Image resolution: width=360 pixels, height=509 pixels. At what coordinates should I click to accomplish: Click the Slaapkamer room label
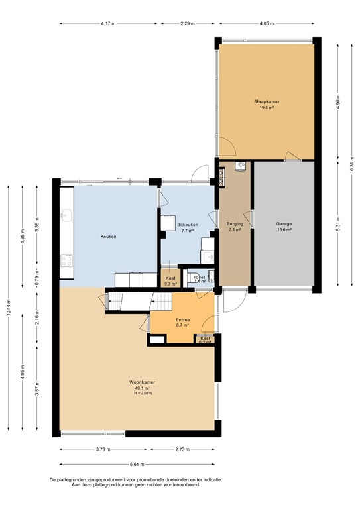(266, 101)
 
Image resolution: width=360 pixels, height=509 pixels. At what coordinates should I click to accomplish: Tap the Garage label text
(284, 224)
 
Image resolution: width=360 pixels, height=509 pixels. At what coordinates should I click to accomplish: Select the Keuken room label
(109, 237)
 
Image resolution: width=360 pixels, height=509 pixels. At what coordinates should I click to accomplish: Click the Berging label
(235, 224)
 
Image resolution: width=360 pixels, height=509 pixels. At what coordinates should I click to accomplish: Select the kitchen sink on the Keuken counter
(66, 215)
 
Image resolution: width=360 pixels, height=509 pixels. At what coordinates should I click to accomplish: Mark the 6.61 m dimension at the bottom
(138, 465)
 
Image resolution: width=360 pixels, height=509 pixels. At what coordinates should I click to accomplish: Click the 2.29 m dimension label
(188, 24)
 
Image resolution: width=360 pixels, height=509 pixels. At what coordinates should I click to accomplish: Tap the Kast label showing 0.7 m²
(170, 281)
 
